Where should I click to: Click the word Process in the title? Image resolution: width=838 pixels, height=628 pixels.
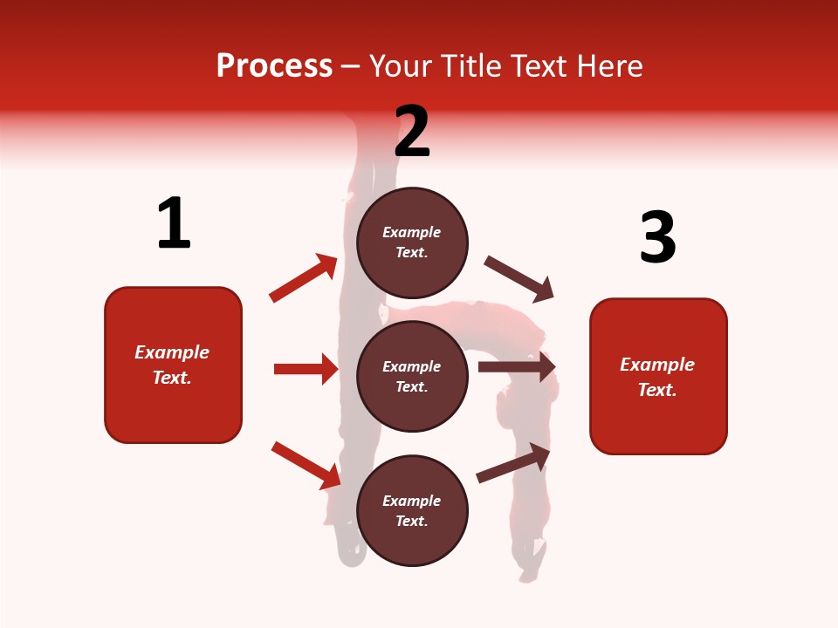274,66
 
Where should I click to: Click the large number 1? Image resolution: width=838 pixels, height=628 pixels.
174,223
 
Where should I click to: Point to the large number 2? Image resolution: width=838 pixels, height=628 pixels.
412,132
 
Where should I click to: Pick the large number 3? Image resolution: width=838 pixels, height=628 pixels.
657,237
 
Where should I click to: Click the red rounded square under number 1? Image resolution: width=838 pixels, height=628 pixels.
173,365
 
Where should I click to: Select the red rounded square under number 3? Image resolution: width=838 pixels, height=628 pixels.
658,376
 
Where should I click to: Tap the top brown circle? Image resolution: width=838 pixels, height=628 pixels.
412,242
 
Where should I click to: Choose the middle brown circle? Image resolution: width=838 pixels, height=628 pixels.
412,376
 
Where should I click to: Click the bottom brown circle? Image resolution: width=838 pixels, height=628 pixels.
412,510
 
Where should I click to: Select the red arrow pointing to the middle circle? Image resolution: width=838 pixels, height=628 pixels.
306,369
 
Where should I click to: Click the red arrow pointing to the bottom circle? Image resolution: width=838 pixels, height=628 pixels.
306,465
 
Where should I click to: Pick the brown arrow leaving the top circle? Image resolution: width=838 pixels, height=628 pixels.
519,278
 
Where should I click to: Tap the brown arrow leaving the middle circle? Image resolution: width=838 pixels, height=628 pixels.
517,366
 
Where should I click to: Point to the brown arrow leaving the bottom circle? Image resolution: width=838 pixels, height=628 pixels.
513,463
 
